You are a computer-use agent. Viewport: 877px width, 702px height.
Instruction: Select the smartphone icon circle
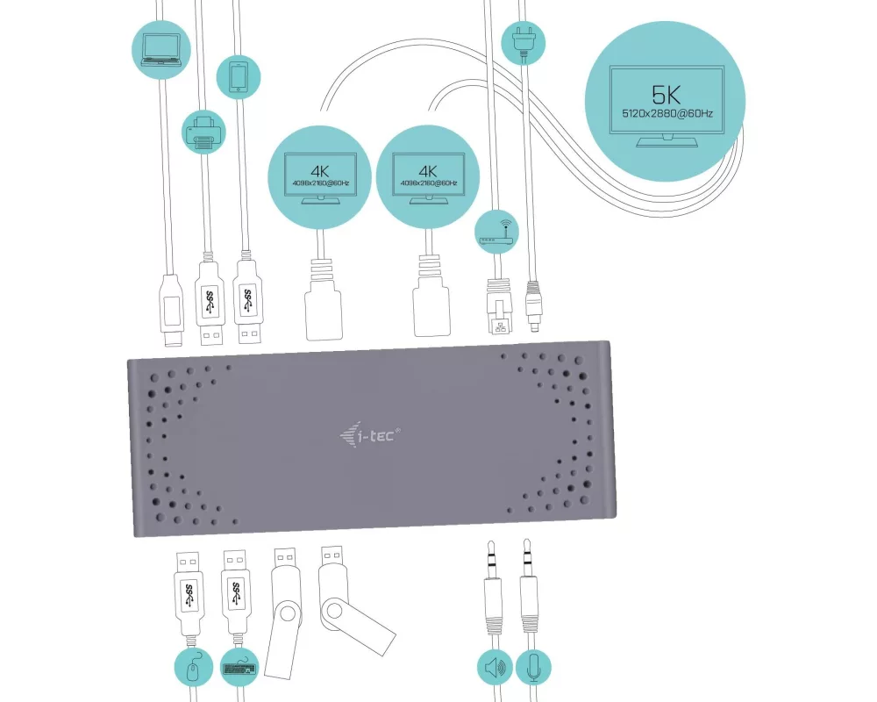tap(239, 76)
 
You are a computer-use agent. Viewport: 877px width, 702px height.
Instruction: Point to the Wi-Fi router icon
tap(496, 232)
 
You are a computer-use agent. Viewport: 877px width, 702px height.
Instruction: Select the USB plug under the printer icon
tap(207, 303)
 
